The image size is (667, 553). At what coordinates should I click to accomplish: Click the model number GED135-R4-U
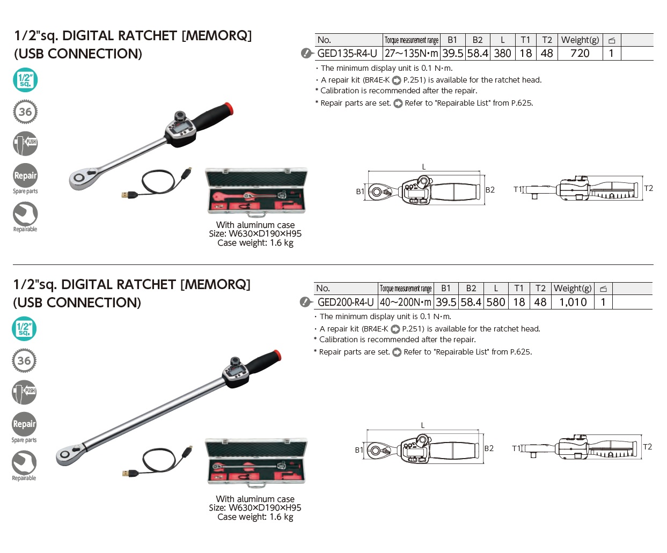(x=347, y=54)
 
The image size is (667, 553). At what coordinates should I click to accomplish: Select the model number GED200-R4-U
(x=346, y=303)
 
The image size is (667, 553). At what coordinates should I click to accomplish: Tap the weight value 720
(x=580, y=54)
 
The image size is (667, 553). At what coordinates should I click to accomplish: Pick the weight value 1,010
(x=573, y=303)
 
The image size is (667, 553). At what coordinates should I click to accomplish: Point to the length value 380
(x=502, y=54)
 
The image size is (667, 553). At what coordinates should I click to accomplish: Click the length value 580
(x=496, y=303)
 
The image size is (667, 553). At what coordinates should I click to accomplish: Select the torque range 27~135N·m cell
(x=412, y=54)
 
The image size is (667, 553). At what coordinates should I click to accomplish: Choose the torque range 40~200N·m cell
(x=406, y=303)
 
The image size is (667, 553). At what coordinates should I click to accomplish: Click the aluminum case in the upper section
(x=256, y=191)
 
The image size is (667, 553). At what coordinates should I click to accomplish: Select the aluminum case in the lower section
(x=256, y=462)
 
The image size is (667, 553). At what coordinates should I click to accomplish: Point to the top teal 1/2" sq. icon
(x=25, y=80)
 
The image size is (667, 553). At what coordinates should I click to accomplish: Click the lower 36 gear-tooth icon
(x=24, y=361)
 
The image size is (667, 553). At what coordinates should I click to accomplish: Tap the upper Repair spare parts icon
(x=25, y=176)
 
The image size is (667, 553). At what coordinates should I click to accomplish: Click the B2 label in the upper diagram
(x=490, y=190)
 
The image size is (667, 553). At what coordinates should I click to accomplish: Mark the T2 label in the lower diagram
(x=648, y=447)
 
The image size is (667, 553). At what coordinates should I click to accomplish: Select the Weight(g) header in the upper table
(x=580, y=40)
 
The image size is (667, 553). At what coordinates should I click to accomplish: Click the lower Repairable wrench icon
(x=24, y=462)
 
